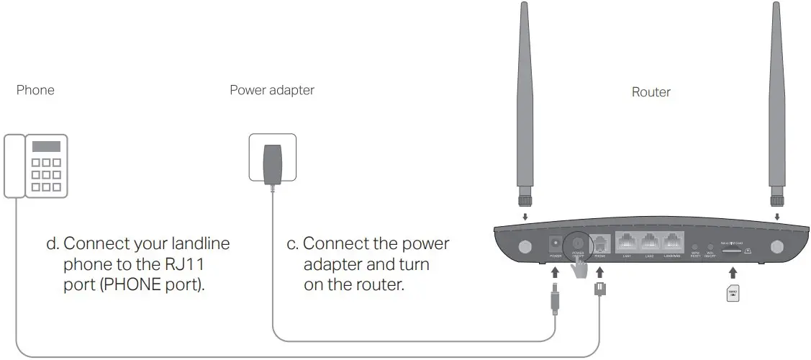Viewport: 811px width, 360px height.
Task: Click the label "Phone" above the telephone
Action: (35, 91)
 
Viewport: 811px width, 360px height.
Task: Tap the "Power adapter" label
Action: (271, 91)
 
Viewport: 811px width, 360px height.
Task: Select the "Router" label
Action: (651, 92)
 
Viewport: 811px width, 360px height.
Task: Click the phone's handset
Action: (14, 166)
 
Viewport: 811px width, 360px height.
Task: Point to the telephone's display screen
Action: (45, 146)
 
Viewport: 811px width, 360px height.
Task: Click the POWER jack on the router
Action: (555, 243)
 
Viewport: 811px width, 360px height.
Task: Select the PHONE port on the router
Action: (599, 243)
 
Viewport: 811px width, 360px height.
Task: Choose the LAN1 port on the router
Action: (627, 243)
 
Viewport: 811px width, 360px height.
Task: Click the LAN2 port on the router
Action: (650, 243)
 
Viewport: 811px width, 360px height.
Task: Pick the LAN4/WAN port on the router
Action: (674, 243)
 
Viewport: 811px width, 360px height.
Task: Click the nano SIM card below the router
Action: (733, 294)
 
